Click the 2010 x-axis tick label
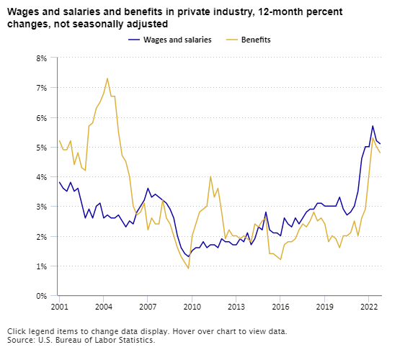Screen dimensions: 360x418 point(192,307)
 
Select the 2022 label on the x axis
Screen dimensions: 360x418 point(368,307)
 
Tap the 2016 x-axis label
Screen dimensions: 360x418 point(280,307)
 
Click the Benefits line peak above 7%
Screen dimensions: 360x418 point(107,78)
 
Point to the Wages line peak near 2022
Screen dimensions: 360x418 point(373,126)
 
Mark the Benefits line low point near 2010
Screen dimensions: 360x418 point(188,269)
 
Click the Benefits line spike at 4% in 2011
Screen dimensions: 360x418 point(210,176)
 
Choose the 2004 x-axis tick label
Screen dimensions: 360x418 point(103,307)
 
